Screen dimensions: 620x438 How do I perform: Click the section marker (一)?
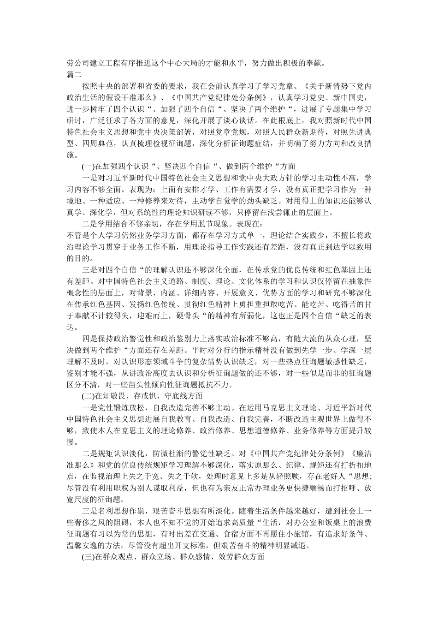(x=87, y=167)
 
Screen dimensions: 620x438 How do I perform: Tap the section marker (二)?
(x=87, y=396)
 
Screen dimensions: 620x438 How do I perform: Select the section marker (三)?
(x=87, y=557)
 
